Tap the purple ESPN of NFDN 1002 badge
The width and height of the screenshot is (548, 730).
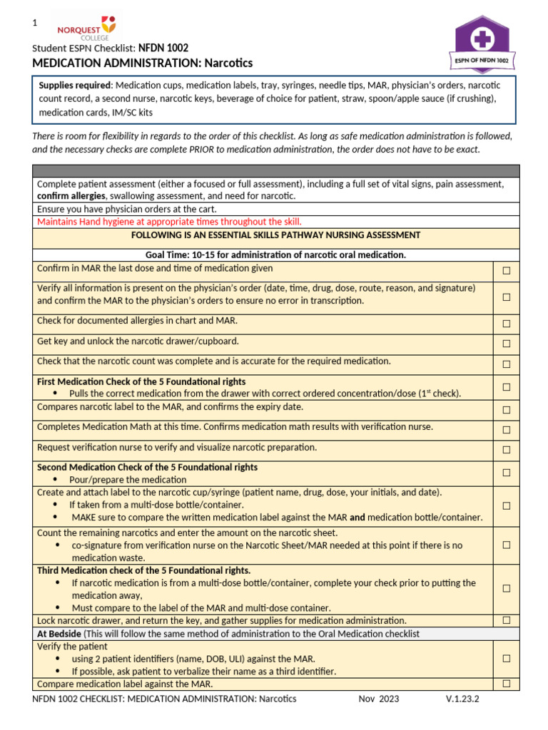[482, 43]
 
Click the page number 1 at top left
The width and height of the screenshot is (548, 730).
[34, 24]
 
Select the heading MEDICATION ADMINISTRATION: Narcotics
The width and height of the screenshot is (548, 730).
[143, 63]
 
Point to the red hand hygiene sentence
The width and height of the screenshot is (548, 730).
[169, 222]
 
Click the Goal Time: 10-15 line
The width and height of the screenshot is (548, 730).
[275, 255]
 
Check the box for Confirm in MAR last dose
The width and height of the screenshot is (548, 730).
[506, 271]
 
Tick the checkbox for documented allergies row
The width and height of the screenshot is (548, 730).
[506, 324]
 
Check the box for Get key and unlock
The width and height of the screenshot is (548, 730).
[506, 344]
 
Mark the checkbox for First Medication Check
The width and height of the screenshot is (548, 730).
[506, 387]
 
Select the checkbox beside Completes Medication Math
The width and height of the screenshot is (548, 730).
[506, 430]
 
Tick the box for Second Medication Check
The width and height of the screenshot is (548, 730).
[506, 473]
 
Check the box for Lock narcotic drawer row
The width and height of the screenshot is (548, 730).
[506, 620]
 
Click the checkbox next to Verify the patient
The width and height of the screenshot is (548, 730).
[506, 659]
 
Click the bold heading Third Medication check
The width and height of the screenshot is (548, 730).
[143, 570]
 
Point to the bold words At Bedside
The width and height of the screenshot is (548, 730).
[59, 634]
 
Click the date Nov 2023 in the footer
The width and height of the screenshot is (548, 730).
[379, 699]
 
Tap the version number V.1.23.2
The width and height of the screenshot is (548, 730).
[462, 699]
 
